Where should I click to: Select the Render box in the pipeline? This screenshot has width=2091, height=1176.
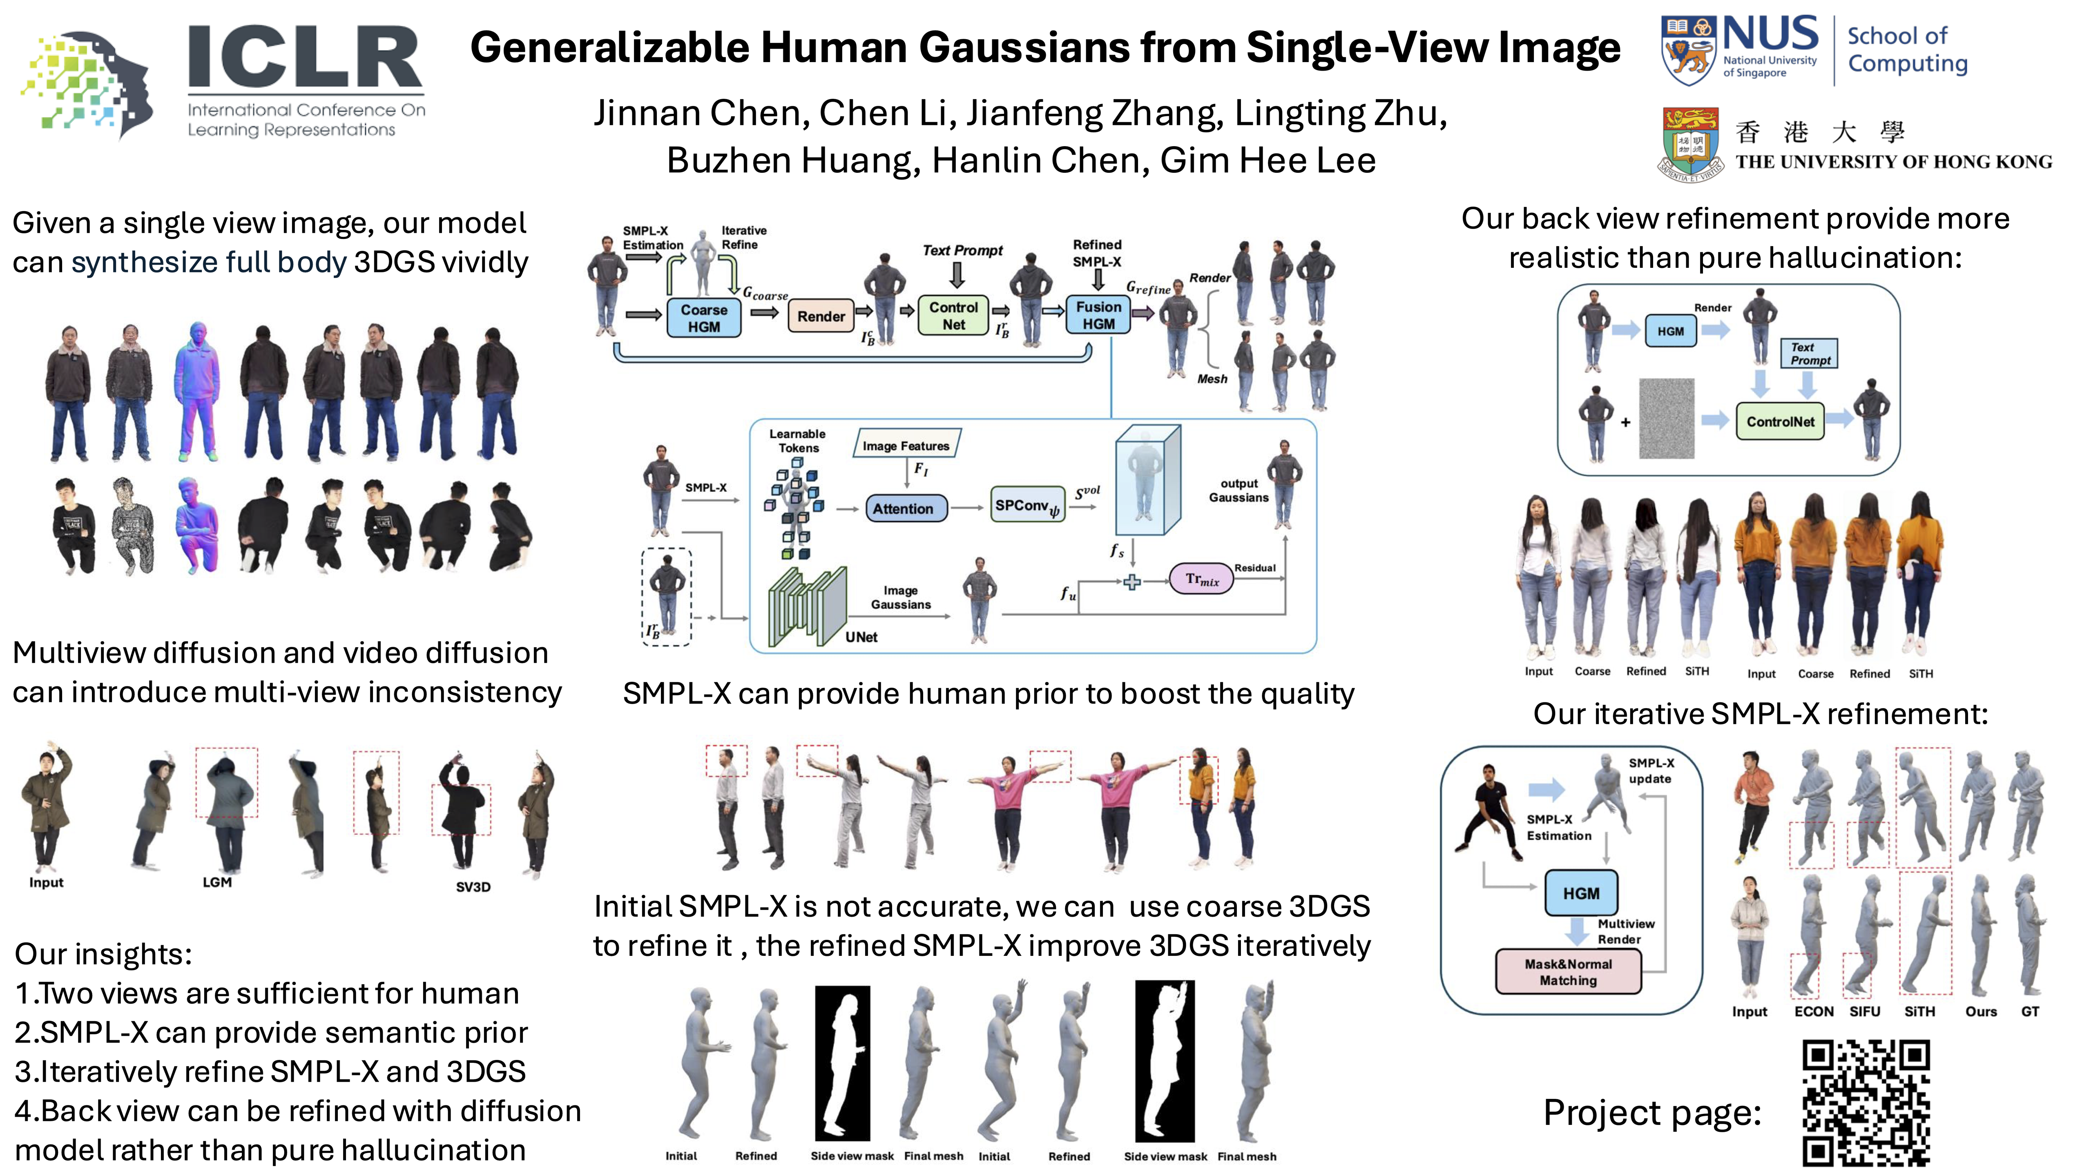(821, 316)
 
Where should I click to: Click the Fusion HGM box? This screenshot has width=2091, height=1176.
(1098, 315)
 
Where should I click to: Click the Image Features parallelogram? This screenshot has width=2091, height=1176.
(906, 445)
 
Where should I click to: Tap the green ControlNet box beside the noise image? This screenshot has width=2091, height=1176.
(1780, 422)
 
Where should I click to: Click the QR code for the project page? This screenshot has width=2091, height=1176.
(1866, 1102)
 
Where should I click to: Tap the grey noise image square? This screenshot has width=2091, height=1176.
(1667, 419)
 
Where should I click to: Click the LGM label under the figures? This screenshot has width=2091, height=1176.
(217, 882)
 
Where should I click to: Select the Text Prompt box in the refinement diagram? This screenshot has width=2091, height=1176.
(1809, 354)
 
